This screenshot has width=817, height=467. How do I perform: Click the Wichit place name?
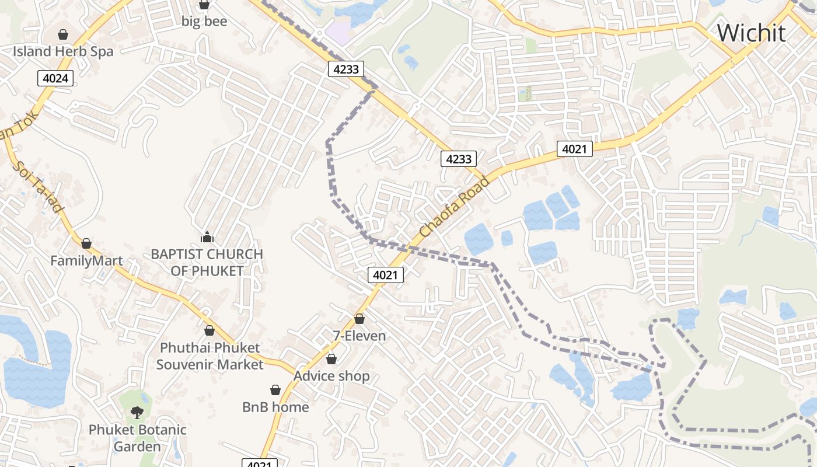751,33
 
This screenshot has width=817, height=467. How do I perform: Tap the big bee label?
204,22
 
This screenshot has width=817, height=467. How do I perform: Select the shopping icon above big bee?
204,5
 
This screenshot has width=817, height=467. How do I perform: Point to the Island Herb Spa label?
63,51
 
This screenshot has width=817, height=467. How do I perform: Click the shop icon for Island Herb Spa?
63,34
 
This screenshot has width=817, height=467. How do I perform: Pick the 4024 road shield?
56,78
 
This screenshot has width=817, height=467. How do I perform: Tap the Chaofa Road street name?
454,208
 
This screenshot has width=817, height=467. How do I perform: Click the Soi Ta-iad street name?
38,187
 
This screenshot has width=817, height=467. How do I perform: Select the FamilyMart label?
86,260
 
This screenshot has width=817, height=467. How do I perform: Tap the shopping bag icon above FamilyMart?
86,243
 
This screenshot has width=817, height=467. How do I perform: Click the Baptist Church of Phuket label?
207,263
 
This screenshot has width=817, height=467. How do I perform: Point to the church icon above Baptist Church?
207,237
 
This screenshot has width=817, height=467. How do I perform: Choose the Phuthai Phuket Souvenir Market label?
210,356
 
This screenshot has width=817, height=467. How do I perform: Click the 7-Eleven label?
359,336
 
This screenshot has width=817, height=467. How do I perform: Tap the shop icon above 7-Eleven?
359,319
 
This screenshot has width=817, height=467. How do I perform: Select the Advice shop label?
331,376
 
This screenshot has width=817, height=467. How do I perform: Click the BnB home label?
275,407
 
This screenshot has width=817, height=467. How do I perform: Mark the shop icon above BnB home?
275,390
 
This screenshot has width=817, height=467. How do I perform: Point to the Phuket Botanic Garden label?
137,438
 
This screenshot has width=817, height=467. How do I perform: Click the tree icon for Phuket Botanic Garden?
137,413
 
